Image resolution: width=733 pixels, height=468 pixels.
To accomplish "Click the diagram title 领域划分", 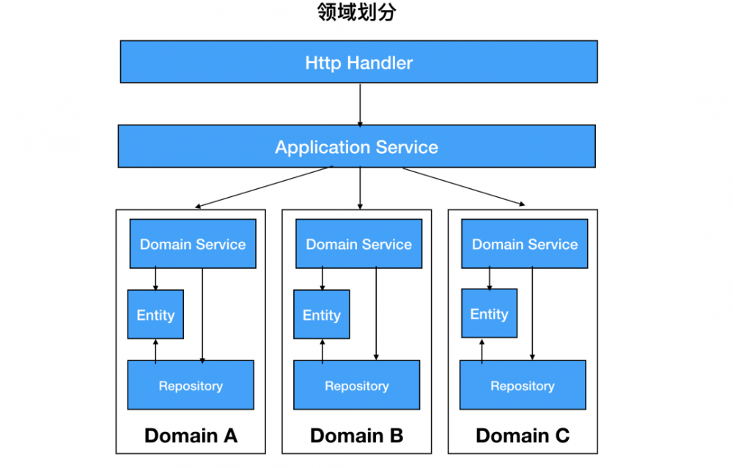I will pyautogui.click(x=357, y=13).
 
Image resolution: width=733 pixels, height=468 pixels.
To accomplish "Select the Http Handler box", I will pyautogui.click(x=358, y=62).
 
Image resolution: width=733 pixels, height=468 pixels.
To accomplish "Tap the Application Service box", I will pyautogui.click(x=356, y=146).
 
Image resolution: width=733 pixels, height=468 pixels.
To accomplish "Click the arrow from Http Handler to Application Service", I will pyautogui.click(x=359, y=103).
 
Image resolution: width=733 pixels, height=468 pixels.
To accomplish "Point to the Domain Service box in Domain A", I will pyautogui.click(x=193, y=244).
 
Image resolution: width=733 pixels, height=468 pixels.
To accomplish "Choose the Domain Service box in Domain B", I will pyautogui.click(x=358, y=244).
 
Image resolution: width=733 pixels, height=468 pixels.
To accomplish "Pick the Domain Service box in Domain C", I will pyautogui.click(x=524, y=244).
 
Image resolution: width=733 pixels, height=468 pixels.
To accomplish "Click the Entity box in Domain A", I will pyautogui.click(x=155, y=314).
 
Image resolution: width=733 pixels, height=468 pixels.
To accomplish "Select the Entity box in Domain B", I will pyautogui.click(x=322, y=314).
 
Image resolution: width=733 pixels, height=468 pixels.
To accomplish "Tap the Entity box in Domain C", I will pyautogui.click(x=489, y=313).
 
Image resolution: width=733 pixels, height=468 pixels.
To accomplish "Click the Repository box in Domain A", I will pyautogui.click(x=191, y=385).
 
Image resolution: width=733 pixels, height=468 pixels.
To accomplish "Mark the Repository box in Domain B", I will pyautogui.click(x=357, y=385).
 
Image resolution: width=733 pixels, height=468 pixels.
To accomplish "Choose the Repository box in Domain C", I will pyautogui.click(x=523, y=385).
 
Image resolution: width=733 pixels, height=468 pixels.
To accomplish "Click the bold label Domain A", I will pyautogui.click(x=191, y=436).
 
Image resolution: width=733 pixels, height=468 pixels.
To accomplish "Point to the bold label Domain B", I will pyautogui.click(x=357, y=436).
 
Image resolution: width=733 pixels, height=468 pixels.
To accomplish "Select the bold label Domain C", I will pyautogui.click(x=523, y=436).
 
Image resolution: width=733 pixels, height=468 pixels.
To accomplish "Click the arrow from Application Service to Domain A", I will pyautogui.click(x=264, y=187).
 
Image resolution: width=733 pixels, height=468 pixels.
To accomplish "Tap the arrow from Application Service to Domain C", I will pyautogui.click(x=463, y=187).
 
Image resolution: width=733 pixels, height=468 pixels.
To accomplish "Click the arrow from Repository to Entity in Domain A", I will pyautogui.click(x=155, y=350).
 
